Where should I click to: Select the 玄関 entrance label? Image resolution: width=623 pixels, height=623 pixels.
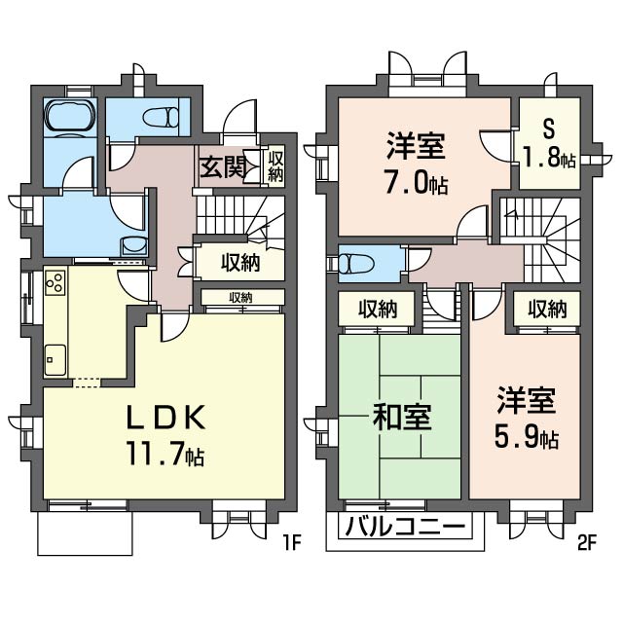click(x=221, y=167)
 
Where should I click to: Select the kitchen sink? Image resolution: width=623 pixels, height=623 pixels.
click(x=55, y=356)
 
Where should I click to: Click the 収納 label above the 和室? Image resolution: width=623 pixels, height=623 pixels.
click(x=377, y=310)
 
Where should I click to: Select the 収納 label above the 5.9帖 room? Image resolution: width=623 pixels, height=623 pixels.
click(x=546, y=310)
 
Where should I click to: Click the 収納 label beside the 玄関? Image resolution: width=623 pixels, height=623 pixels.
click(x=275, y=166)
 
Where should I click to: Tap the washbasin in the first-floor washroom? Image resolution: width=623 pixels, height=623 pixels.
click(x=132, y=246)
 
